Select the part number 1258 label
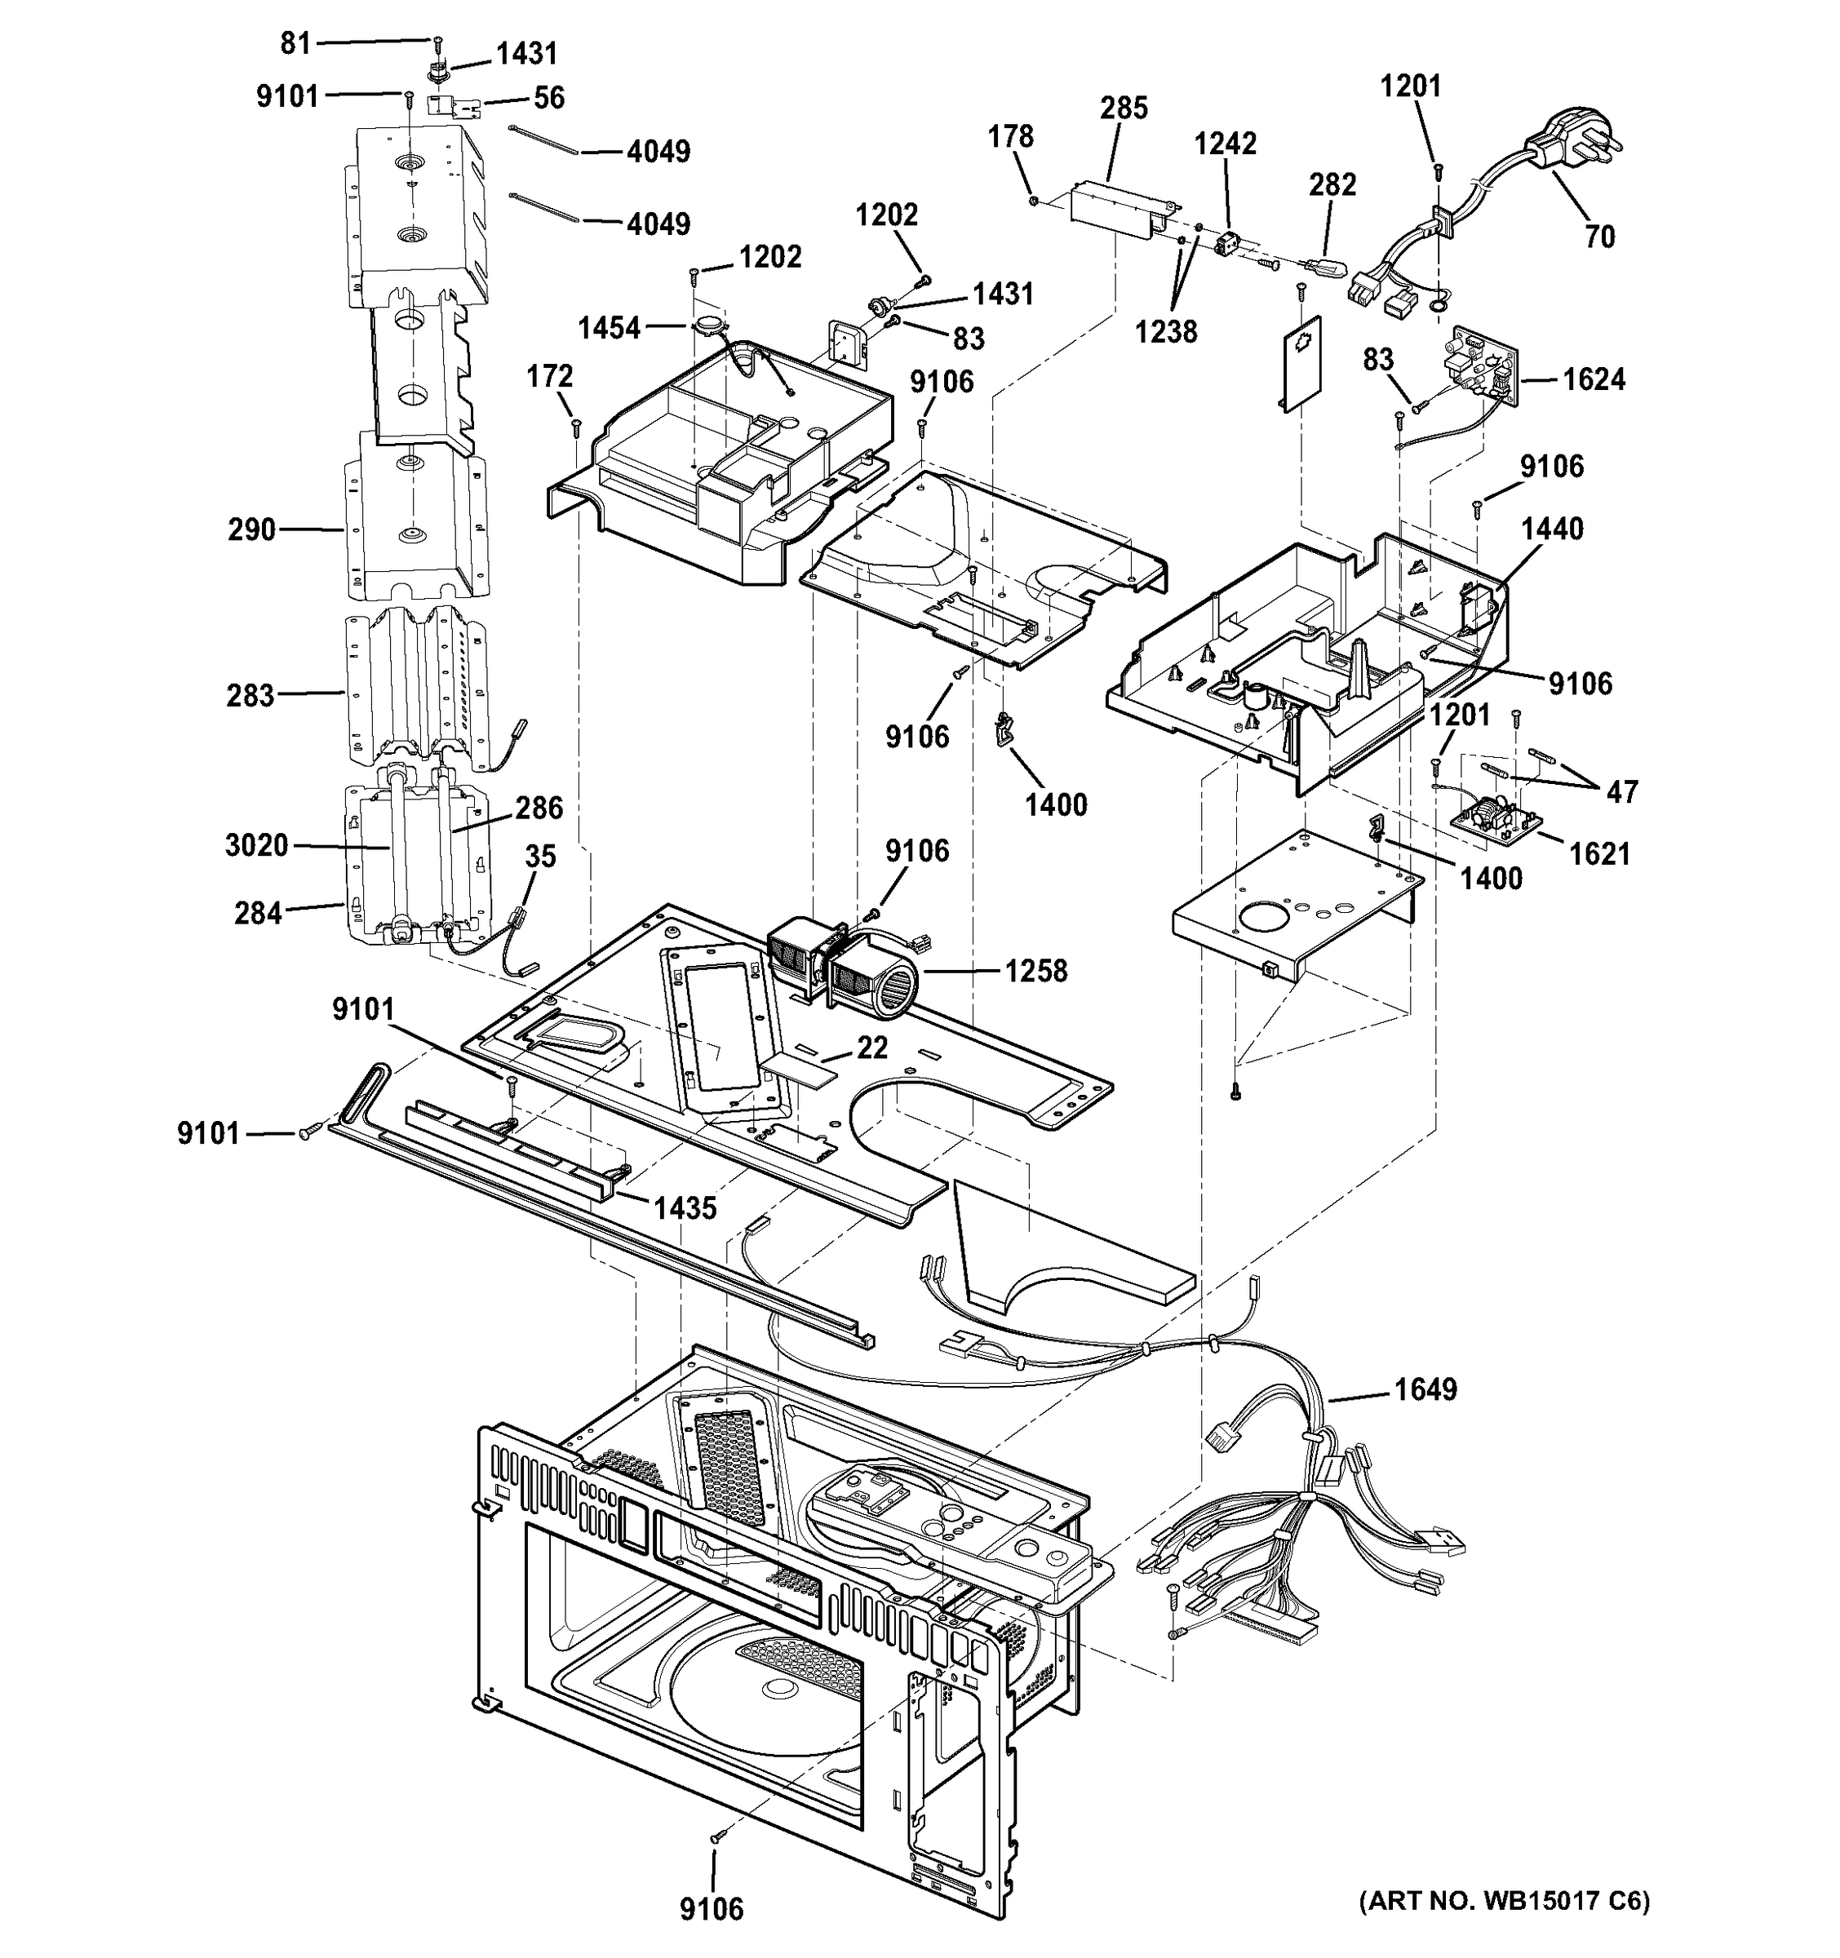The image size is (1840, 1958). point(1035,971)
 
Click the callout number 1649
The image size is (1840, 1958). point(1425,1389)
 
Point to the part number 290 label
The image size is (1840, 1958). point(251,529)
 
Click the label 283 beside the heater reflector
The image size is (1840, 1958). point(251,695)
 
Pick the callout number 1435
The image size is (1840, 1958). point(685,1207)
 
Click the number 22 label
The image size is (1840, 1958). point(871,1047)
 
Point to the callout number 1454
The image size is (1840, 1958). point(609,328)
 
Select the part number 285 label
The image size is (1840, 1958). point(1124,109)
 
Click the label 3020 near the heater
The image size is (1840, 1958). point(256,845)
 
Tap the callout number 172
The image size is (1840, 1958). point(550,376)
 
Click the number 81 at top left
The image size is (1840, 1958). point(295,43)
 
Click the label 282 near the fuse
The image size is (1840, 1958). point(1332,184)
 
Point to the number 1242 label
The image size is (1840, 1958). point(1226,144)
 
